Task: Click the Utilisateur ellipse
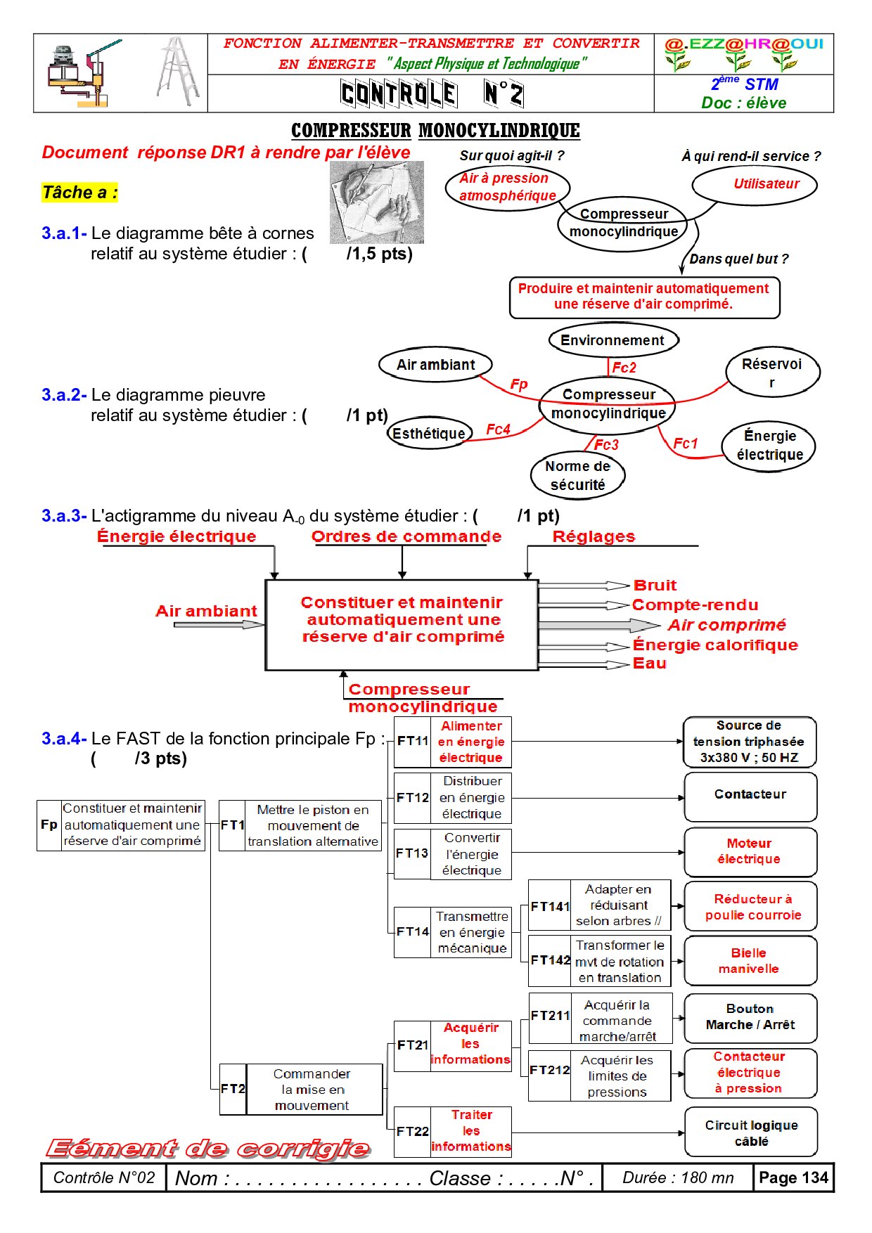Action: tap(755, 185)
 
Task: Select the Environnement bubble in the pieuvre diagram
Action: tap(613, 340)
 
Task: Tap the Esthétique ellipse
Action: tap(428, 434)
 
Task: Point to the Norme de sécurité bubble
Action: tap(577, 475)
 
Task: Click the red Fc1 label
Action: tap(685, 444)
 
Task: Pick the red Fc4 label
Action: tap(498, 430)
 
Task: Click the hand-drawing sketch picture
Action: tap(377, 202)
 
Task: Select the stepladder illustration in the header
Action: tap(178, 72)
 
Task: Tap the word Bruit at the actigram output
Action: tap(654, 586)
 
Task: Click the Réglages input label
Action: tap(594, 537)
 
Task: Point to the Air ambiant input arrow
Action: tap(218, 624)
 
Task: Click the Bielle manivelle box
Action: tap(750, 961)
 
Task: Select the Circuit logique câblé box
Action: tap(751, 1132)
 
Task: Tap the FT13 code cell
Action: tap(412, 853)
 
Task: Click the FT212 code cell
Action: tap(549, 1071)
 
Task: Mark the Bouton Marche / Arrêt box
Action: tap(750, 1017)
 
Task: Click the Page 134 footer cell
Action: tap(793, 1178)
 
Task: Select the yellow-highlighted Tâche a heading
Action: tap(79, 193)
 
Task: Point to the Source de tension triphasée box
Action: tap(750, 742)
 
